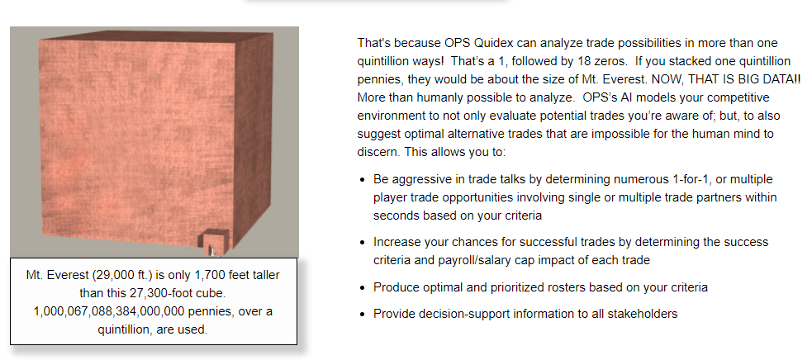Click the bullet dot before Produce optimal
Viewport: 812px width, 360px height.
tap(363, 287)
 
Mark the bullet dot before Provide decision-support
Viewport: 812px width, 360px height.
tap(363, 314)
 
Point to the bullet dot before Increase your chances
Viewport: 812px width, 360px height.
tap(363, 243)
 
